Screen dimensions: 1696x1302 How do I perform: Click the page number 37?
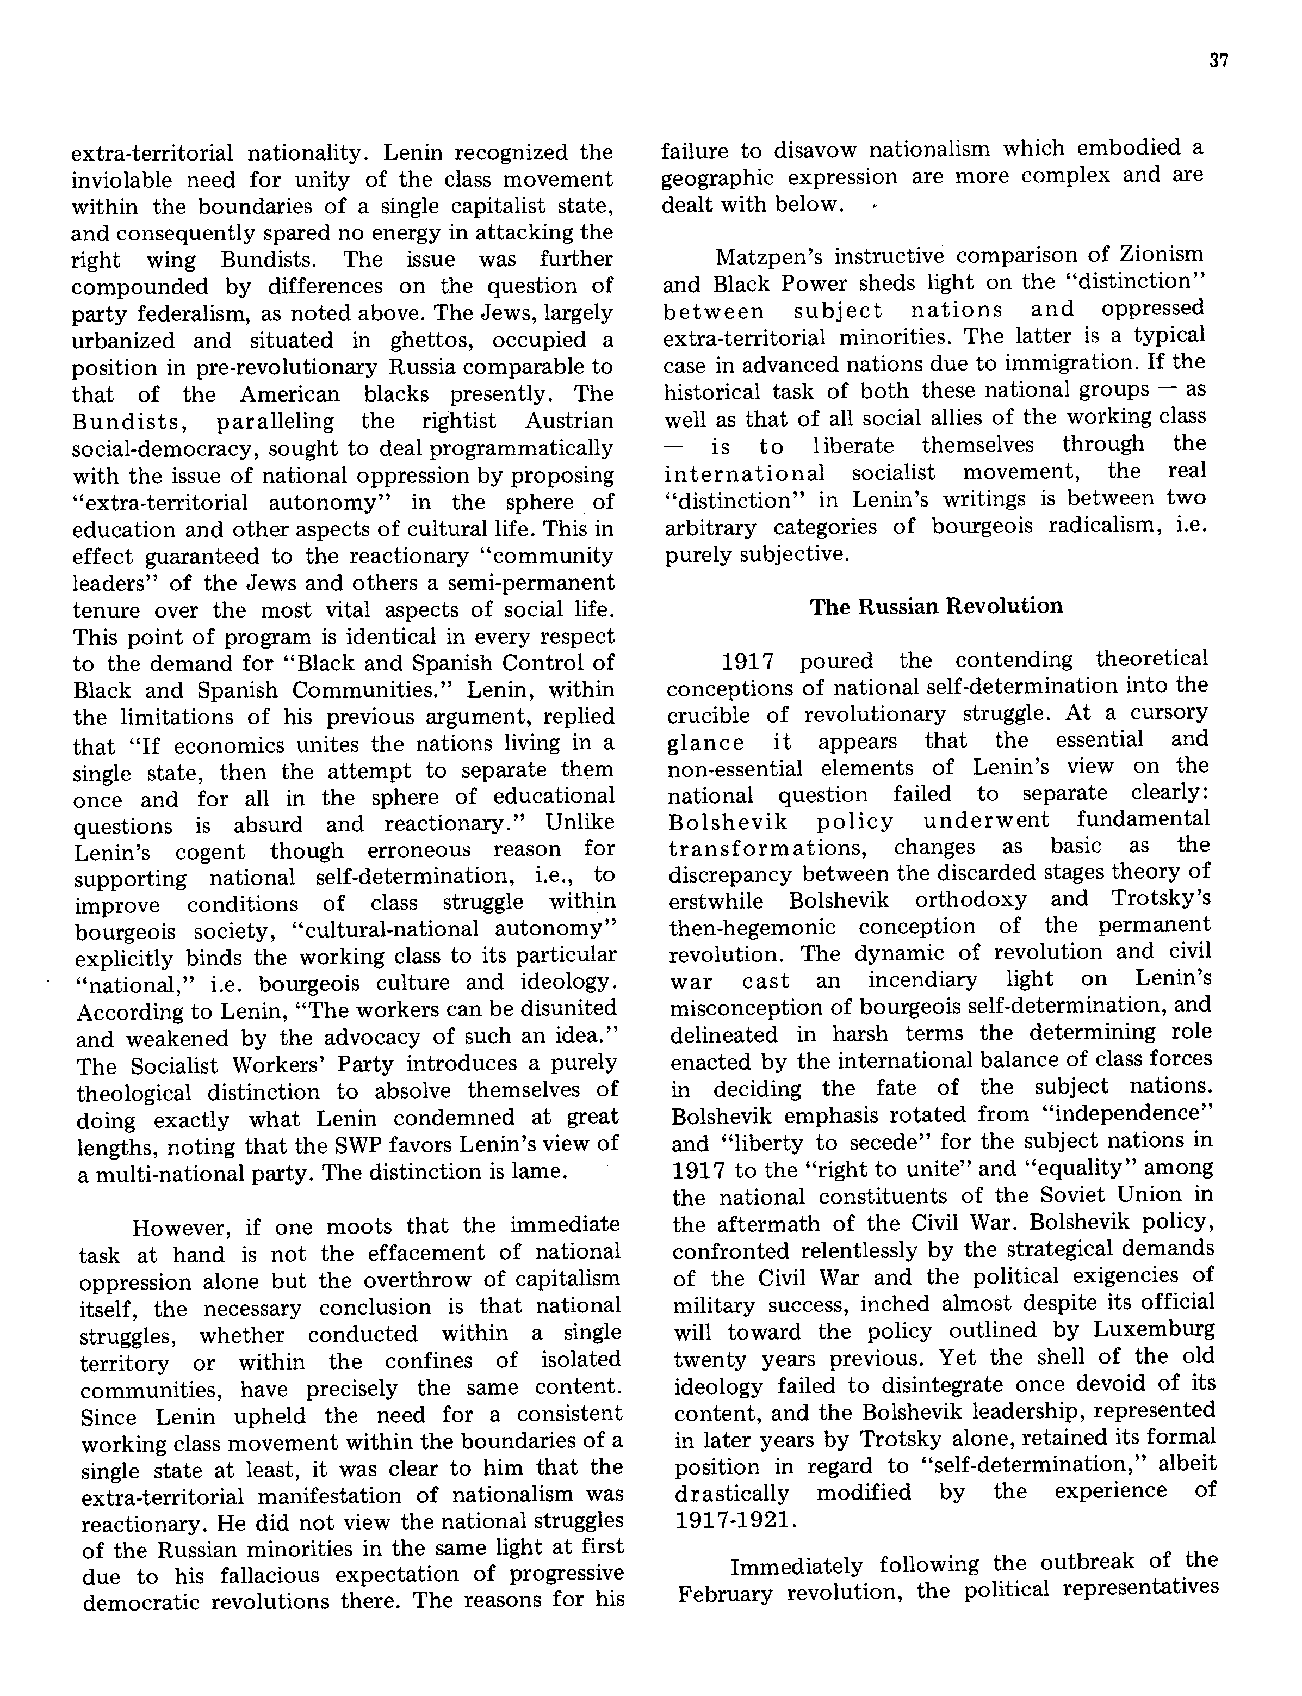click(x=1218, y=61)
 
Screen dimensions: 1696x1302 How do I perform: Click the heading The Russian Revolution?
click(x=936, y=606)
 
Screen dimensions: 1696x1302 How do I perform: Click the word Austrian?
click(x=569, y=421)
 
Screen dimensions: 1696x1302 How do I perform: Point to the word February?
click(x=724, y=1594)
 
